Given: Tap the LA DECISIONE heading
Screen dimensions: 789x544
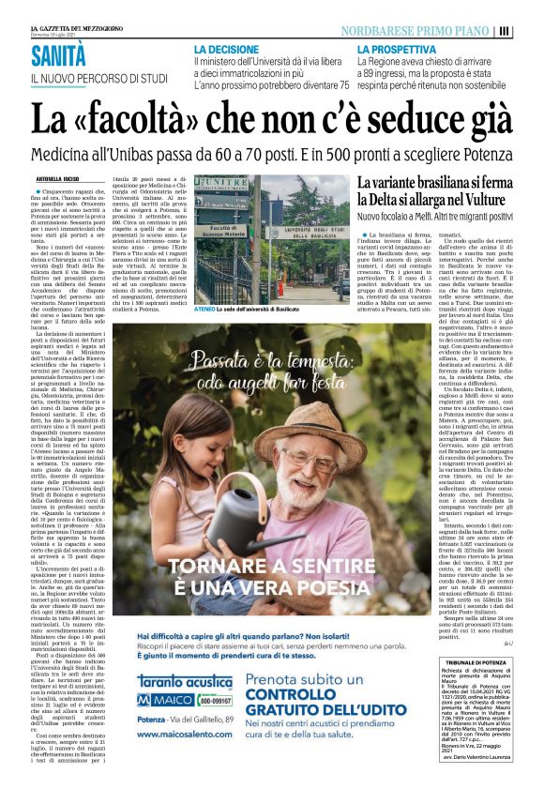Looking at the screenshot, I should (x=227, y=47).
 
